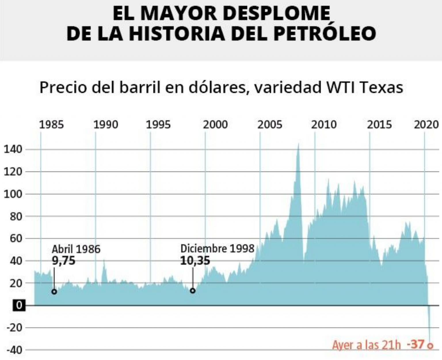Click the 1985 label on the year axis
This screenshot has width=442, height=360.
(51, 125)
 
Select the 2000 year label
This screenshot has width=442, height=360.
(215, 125)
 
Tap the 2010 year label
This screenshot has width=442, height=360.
(324, 125)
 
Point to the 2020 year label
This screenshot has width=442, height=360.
(426, 125)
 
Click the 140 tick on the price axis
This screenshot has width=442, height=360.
(13, 149)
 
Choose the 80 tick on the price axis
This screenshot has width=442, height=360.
(16, 217)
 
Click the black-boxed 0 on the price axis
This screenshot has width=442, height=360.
(19, 305)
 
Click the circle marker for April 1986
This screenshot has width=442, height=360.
(54, 292)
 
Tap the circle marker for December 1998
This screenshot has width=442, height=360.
(193, 291)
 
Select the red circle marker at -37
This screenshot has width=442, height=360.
(430, 346)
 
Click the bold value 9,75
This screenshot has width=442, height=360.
(64, 261)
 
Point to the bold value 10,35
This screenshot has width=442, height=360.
(195, 261)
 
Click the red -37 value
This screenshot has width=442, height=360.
(416, 344)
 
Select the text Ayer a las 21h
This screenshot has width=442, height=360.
(366, 345)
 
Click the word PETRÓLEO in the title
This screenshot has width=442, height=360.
(325, 33)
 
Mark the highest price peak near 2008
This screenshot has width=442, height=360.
(298, 144)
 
